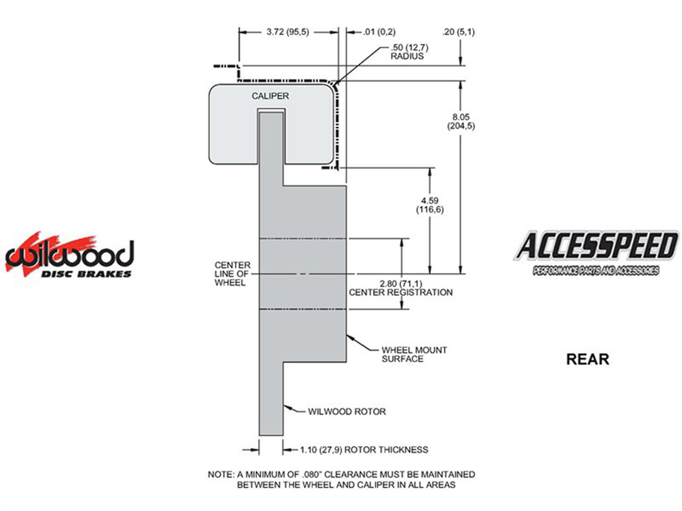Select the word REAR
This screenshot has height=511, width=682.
587,359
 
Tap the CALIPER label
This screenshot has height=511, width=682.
270,96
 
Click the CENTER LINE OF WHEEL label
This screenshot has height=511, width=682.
232,274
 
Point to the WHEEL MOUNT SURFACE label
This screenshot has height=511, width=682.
414,354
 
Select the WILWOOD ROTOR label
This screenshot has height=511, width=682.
347,412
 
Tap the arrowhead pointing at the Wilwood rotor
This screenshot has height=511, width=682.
287,408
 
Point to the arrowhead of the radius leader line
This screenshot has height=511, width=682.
336,84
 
